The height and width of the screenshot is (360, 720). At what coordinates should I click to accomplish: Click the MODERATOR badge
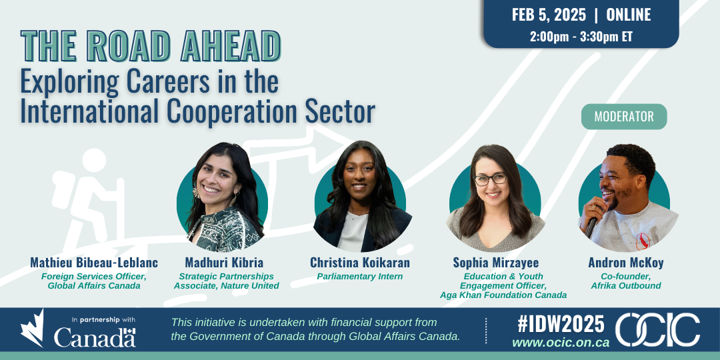pos(624,117)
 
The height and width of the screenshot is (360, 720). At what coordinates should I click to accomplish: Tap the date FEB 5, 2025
pos(549,15)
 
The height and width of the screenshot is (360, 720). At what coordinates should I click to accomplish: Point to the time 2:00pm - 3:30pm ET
pos(581,37)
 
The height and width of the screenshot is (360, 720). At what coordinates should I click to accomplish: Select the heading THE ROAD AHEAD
pos(151,46)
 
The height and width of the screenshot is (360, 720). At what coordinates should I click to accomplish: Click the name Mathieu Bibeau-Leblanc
pos(94,263)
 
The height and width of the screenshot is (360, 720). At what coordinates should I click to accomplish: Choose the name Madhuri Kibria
pos(224,263)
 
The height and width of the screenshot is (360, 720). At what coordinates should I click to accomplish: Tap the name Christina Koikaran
pos(360,263)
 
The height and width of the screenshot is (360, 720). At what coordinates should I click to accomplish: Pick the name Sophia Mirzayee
pos(496,263)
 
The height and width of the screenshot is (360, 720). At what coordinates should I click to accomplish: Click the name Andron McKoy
pos(626,263)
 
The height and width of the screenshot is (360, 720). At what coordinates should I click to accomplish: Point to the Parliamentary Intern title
pos(360,277)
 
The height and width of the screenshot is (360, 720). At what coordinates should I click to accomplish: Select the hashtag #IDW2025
pos(561,324)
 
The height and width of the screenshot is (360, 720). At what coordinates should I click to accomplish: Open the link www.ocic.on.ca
pos(561,343)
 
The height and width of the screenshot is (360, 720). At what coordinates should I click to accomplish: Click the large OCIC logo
pos(658,330)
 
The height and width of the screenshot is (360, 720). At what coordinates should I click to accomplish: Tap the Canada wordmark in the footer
pos(95,337)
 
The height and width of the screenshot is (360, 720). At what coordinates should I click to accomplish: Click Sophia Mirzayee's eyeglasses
pos(491,179)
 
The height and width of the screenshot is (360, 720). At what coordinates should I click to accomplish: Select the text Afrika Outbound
pos(626,285)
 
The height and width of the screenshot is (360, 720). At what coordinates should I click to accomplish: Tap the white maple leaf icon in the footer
pos(32,328)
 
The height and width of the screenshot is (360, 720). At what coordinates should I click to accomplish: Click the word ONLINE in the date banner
pos(629,15)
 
